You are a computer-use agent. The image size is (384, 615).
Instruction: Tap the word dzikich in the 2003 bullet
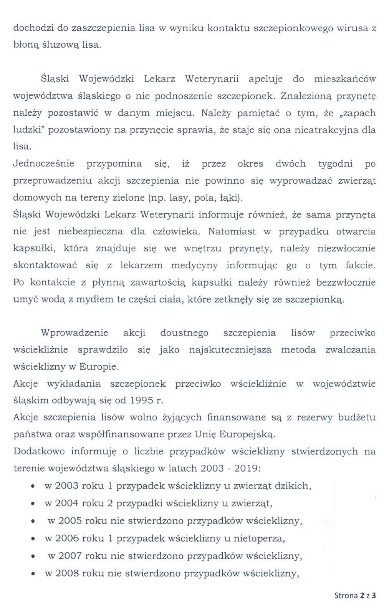pyautogui.click(x=292, y=485)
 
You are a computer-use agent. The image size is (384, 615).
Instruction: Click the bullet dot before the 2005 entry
pyautogui.click(x=33, y=522)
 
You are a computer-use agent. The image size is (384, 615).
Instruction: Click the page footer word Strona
pyautogui.click(x=346, y=596)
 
